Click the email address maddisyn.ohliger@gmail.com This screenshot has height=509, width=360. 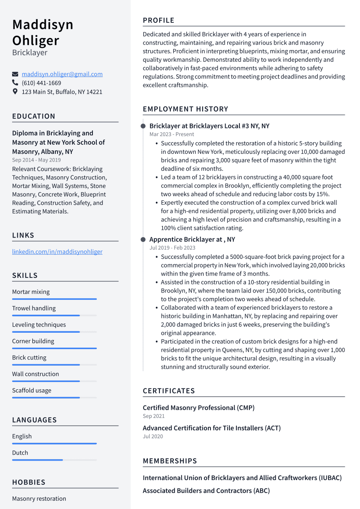(62, 74)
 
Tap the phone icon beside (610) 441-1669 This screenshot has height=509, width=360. (15, 83)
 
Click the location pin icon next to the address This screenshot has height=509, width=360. (15, 92)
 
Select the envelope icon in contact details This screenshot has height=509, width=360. (15, 74)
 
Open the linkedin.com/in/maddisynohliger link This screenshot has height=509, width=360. (57, 251)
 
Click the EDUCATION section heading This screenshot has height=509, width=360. (34, 116)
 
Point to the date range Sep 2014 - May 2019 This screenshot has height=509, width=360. (36, 160)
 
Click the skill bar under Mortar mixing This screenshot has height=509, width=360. (54, 299)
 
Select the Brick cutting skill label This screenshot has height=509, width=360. (29, 357)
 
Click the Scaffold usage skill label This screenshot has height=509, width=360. (32, 390)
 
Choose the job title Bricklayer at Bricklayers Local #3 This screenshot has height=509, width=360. (209, 126)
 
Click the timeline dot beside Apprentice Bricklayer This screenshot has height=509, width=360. (143, 239)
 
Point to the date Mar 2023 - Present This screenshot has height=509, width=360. (172, 134)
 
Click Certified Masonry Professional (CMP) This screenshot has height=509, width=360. (198, 407)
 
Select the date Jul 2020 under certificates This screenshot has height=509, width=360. (153, 436)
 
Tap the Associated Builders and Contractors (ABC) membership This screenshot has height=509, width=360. (206, 490)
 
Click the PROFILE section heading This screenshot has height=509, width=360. (159, 20)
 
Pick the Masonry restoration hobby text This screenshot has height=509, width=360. (39, 498)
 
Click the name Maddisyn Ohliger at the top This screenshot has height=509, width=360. (43, 32)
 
